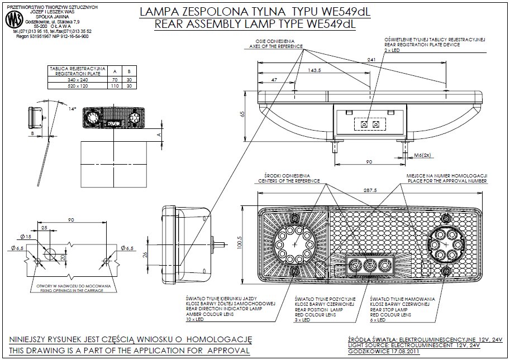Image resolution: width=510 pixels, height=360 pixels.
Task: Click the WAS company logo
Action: click(x=11, y=21)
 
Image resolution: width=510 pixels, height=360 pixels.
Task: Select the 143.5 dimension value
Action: click(x=316, y=70)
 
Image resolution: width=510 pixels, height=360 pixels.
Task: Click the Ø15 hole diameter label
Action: click(x=25, y=237)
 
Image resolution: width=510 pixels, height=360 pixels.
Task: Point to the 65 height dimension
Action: click(x=242, y=114)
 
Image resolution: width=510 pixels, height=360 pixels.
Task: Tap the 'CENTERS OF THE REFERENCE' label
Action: click(x=288, y=181)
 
